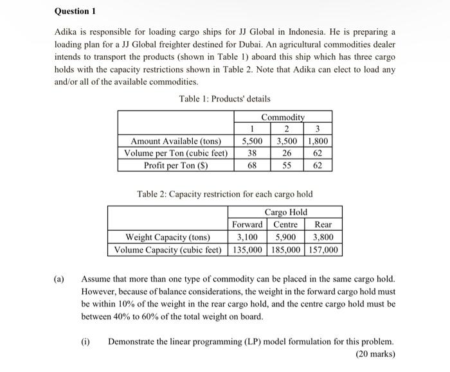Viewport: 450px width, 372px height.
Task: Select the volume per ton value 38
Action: coord(253,153)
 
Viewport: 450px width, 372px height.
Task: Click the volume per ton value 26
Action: coord(287,153)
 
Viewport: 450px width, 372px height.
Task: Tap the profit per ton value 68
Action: coord(253,165)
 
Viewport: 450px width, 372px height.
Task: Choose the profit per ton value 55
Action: coord(287,165)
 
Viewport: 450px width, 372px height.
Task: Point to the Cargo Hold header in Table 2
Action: coord(285,212)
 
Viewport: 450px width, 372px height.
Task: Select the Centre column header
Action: coord(285,224)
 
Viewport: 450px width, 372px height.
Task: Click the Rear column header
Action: coord(323,224)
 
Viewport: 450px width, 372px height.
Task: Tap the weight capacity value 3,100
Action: coord(247,236)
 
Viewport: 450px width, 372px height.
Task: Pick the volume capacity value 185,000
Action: coord(285,249)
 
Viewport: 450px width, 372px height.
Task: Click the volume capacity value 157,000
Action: coord(324,249)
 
